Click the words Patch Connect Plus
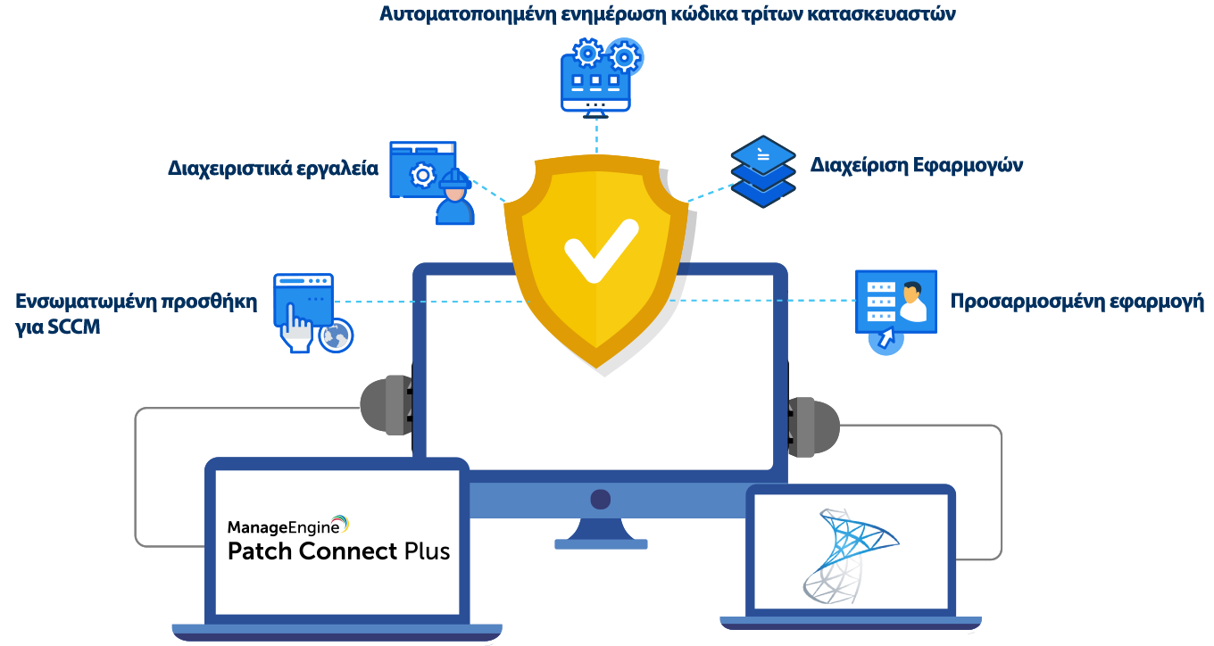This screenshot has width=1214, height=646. click(338, 551)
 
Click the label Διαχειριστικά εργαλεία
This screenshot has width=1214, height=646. click(272, 168)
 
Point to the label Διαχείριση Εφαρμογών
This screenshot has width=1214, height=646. click(916, 166)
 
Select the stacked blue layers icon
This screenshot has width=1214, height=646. click(762, 171)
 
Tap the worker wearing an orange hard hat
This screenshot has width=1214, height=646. click(454, 199)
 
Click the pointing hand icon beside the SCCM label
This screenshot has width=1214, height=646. click(295, 327)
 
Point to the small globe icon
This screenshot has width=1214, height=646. click(337, 335)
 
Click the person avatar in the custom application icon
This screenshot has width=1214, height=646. click(912, 302)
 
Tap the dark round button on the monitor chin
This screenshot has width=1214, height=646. click(600, 499)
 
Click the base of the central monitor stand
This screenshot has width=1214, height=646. click(600, 543)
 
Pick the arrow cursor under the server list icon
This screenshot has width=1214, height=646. click(886, 339)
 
